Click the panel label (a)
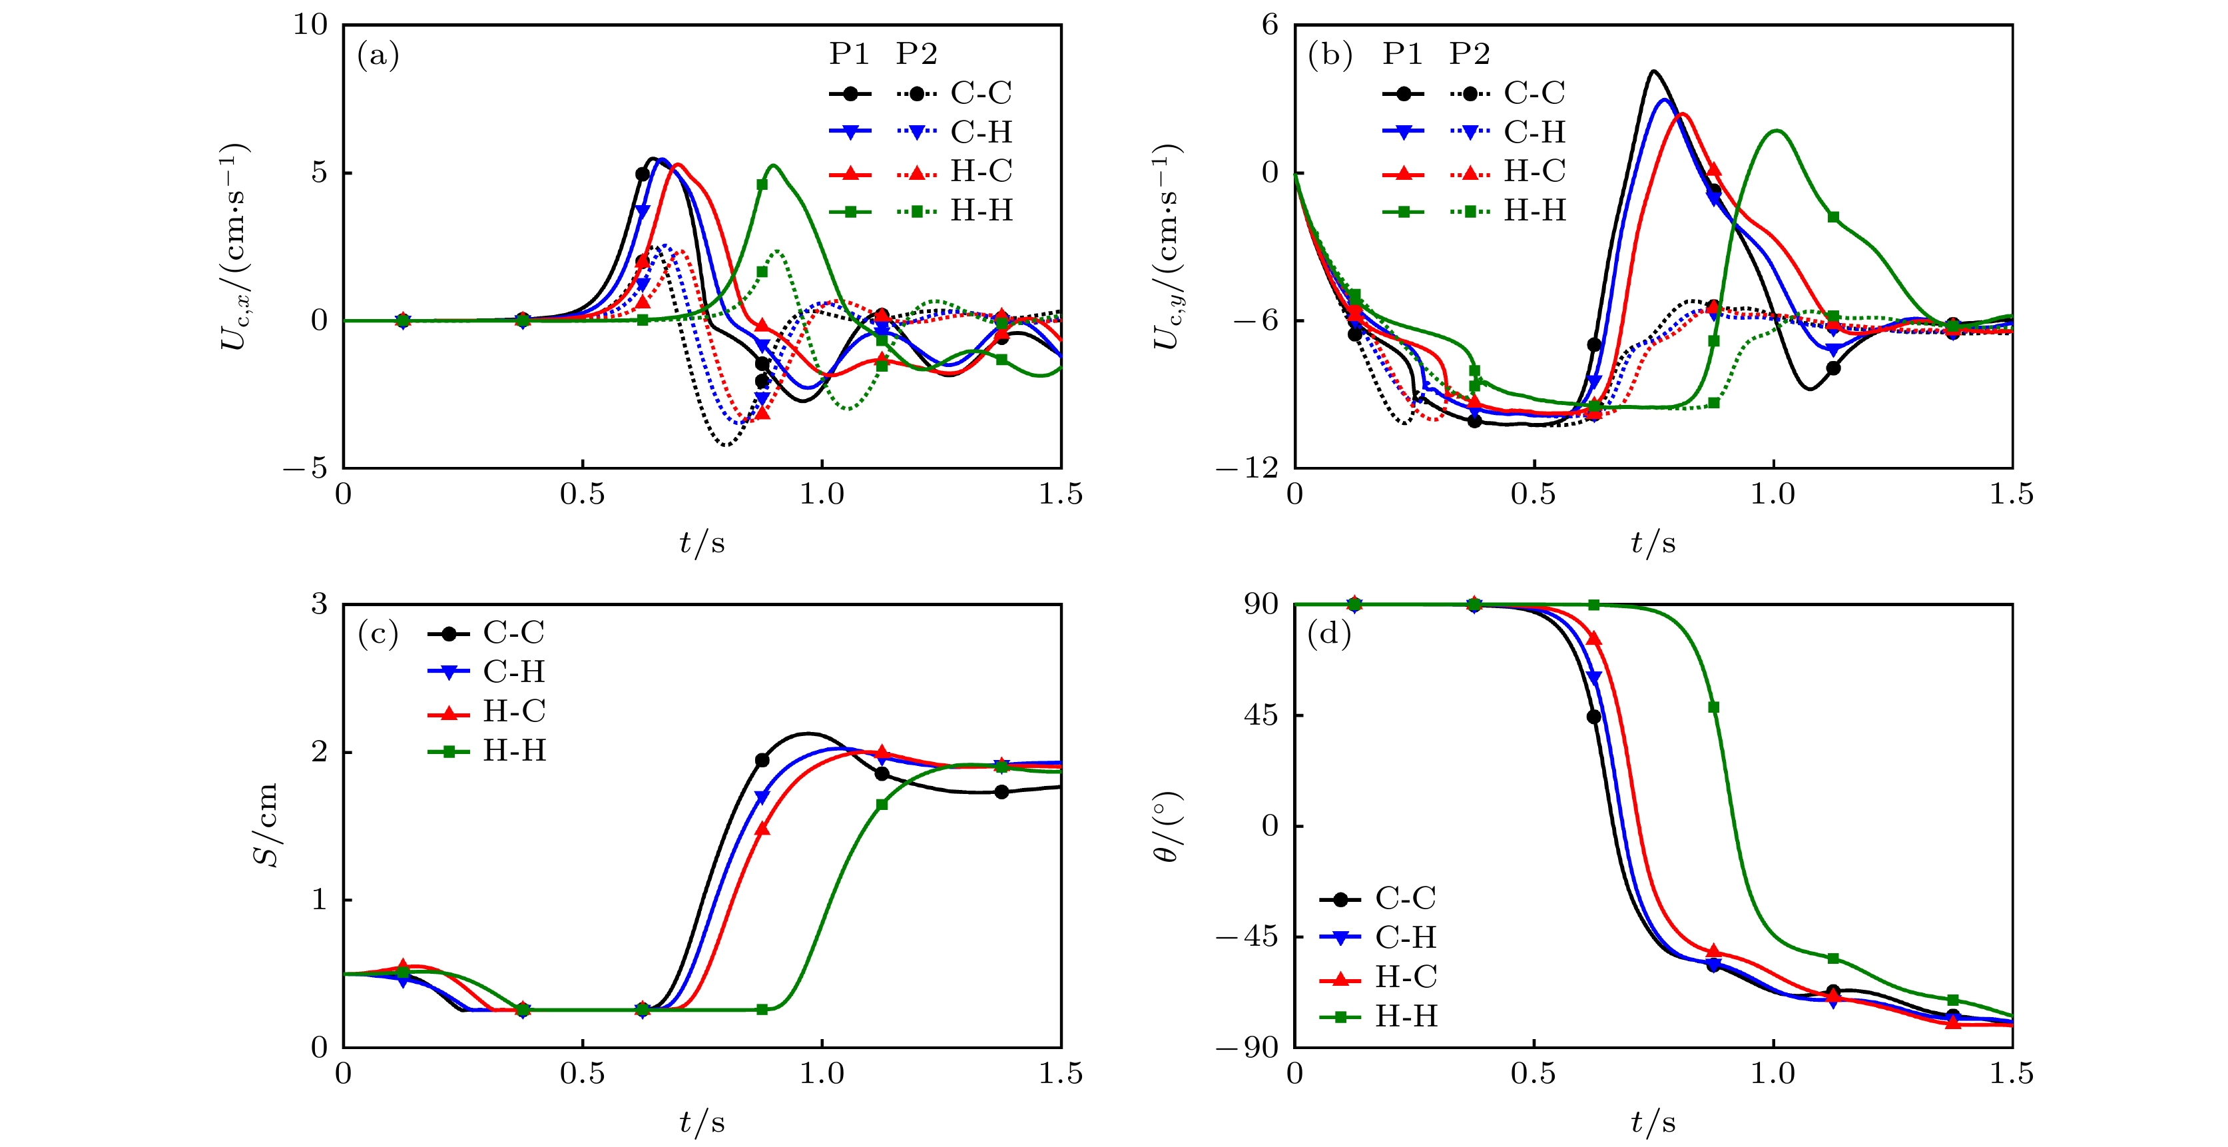pos(378,55)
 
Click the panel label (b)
pos(1329,55)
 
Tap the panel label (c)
pos(378,634)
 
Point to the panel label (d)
pos(1329,634)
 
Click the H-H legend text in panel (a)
pos(981,210)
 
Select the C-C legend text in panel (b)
pos(1534,93)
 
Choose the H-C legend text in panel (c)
pos(514,711)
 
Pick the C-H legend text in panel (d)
pos(1406,937)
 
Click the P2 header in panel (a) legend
pos(916,54)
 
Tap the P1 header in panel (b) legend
pos(1402,54)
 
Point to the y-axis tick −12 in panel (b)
pos(1247,468)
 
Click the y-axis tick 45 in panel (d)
pos(1260,715)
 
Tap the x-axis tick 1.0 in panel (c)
pos(821,1074)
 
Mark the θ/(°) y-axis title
pos(1166,826)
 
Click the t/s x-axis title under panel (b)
pos(1652,542)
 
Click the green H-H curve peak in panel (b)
pos(1777,131)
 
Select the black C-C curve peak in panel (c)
pos(808,733)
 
